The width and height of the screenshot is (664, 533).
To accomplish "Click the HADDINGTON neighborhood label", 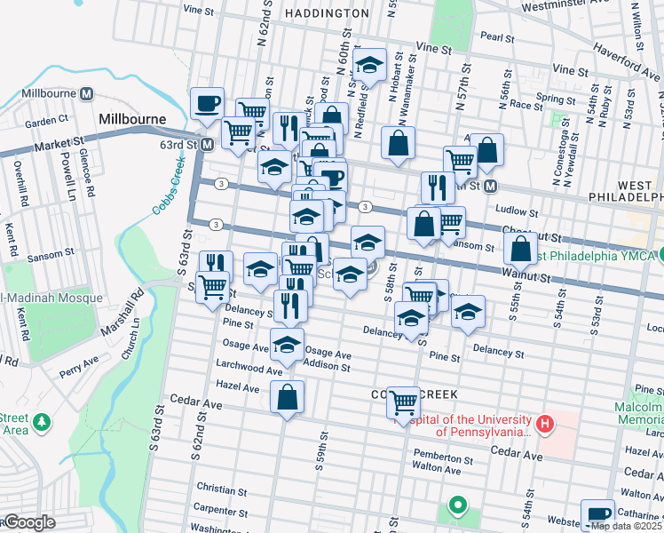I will (328, 13).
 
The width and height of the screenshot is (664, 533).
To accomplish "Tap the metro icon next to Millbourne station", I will (87, 93).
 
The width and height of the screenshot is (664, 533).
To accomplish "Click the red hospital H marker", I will (545, 426).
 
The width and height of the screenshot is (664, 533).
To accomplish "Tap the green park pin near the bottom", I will (458, 506).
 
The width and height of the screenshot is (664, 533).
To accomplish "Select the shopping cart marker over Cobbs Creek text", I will (403, 402).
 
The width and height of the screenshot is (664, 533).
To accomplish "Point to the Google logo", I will (28, 523).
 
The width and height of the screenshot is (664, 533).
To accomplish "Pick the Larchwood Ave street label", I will (254, 367).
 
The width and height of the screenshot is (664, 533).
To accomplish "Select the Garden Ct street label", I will (47, 120).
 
